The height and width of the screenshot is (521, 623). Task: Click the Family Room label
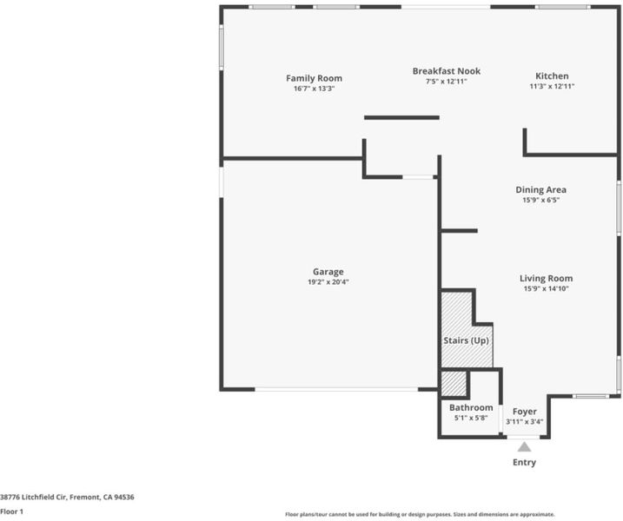(x=314, y=78)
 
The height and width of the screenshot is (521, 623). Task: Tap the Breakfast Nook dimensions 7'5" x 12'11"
(x=447, y=82)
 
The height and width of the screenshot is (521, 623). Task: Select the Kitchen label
(x=552, y=76)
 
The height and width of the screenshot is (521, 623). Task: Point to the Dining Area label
(x=540, y=190)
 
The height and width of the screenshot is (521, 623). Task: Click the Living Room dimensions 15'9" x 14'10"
(x=546, y=288)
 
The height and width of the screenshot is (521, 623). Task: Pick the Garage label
(x=328, y=272)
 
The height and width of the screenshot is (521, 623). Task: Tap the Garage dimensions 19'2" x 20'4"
(x=328, y=282)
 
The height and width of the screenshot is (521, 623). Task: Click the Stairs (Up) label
(x=466, y=340)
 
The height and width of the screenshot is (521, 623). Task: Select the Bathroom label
(x=471, y=407)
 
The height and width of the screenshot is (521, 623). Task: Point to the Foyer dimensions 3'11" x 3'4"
(x=525, y=422)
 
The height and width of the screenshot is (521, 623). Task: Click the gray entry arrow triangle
(x=524, y=447)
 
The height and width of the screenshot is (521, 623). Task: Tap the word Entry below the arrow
(x=525, y=462)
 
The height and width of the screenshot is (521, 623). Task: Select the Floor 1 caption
(x=11, y=511)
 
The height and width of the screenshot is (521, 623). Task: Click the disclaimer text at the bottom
(x=420, y=515)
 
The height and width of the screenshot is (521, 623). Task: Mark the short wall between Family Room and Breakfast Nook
(x=401, y=117)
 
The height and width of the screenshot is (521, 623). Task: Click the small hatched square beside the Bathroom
(x=454, y=384)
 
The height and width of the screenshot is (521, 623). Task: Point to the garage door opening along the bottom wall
(x=336, y=390)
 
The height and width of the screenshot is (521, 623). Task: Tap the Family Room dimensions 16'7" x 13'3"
(x=314, y=89)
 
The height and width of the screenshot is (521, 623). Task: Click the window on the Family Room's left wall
(x=222, y=47)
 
